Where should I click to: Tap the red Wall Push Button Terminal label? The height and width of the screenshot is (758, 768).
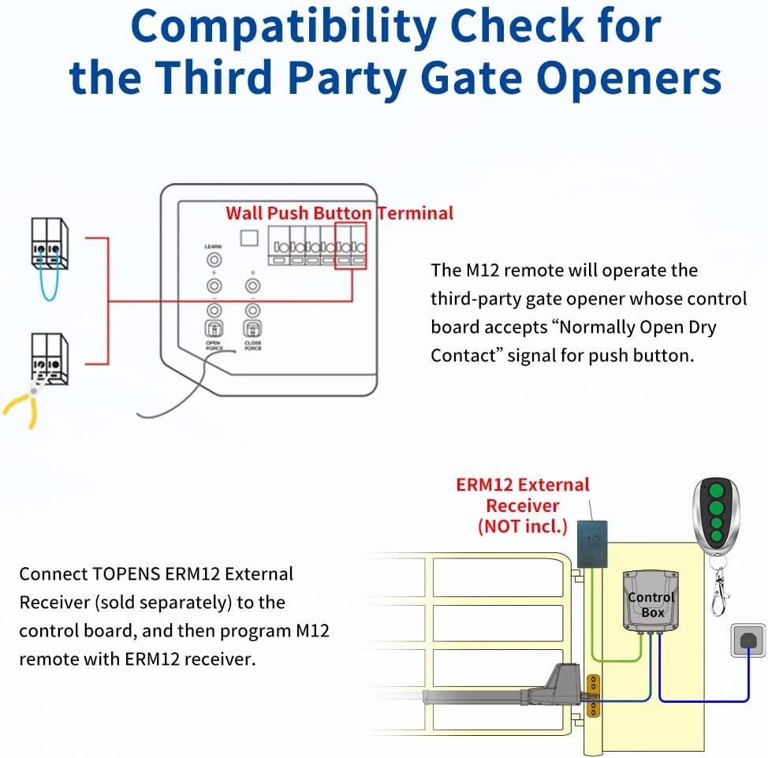tap(339, 212)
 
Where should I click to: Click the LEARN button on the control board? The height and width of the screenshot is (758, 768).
tap(213, 260)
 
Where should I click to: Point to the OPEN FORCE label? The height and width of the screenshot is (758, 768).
tap(214, 344)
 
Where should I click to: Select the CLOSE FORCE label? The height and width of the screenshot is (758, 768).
tap(252, 344)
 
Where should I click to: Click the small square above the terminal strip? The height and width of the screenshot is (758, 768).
tap(249, 238)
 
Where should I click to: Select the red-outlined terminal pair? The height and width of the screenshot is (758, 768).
tap(351, 247)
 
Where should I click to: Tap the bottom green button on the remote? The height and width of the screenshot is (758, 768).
tap(716, 538)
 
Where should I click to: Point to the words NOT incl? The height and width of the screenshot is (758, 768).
tap(523, 526)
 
